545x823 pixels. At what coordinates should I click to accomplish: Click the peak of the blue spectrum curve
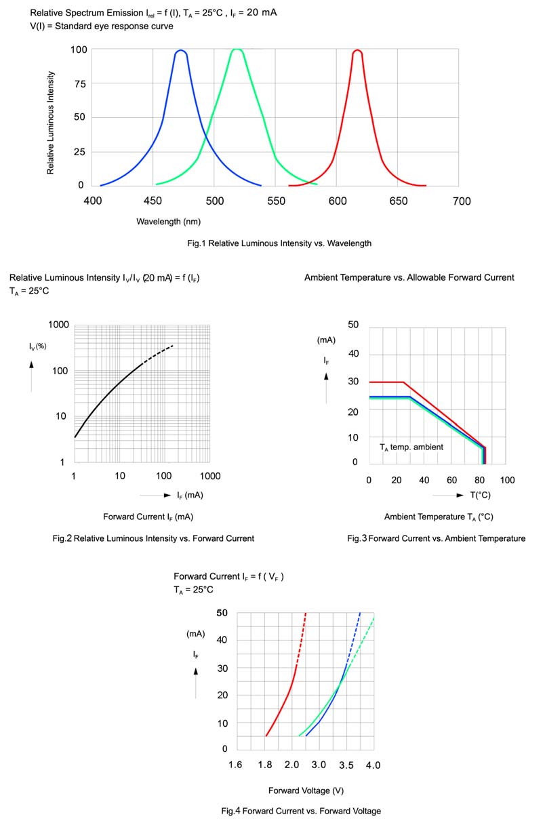(x=181, y=51)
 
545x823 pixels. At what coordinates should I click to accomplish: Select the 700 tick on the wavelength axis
(x=462, y=201)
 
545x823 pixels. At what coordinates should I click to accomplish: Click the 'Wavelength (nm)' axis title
(x=168, y=222)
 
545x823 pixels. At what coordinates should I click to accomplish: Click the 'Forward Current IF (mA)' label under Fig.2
(x=148, y=517)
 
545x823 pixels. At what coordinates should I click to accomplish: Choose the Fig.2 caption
(x=153, y=538)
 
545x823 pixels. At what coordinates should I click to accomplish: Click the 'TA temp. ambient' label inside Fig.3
(x=411, y=447)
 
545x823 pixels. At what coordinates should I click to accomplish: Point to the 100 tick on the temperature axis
(x=506, y=480)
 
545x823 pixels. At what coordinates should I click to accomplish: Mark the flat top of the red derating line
(x=386, y=382)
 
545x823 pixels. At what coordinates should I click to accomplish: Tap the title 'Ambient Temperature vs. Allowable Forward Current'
(x=409, y=277)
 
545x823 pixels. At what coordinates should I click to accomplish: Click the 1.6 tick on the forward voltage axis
(x=235, y=765)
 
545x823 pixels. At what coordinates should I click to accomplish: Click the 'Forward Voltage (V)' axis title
(x=306, y=790)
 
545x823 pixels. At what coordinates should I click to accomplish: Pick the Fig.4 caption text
(x=301, y=811)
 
